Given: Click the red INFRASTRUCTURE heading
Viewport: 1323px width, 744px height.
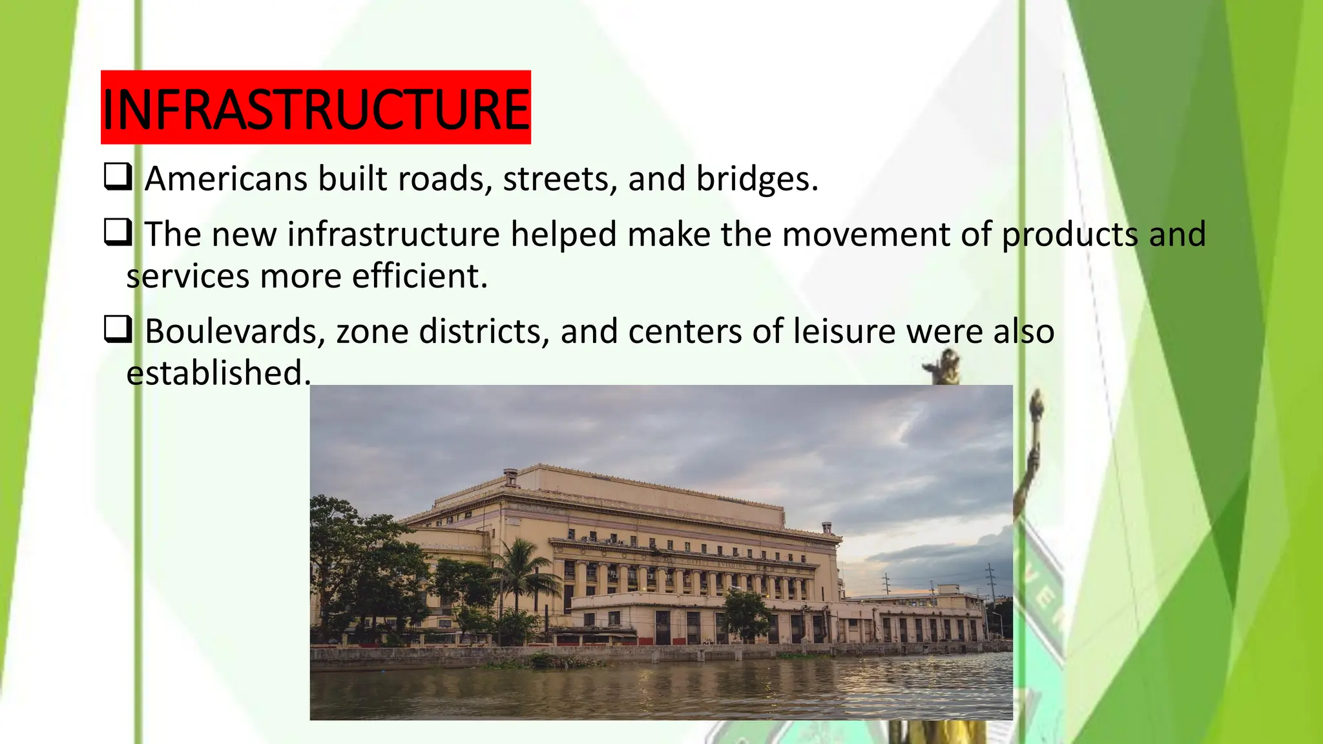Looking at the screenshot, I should [x=315, y=108].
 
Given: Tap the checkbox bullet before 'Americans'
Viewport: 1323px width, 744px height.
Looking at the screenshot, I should [x=118, y=177].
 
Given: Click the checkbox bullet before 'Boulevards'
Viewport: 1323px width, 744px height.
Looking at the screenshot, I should [x=118, y=330].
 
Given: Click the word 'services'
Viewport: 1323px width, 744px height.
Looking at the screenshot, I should [x=188, y=276].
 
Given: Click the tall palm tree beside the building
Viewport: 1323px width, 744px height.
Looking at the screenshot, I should [x=522, y=568].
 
